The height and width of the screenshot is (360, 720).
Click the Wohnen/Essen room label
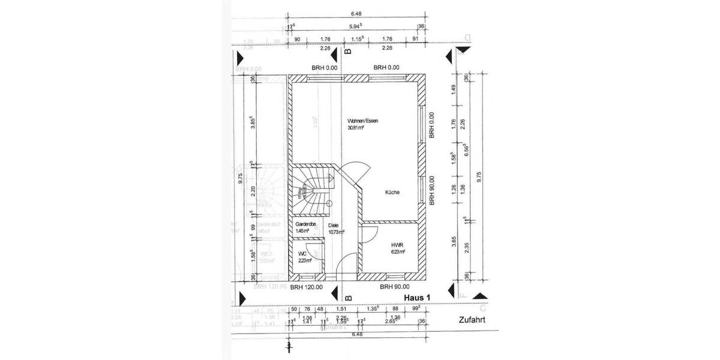(362, 121)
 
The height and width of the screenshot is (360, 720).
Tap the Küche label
(392, 193)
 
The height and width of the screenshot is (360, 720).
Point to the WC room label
(302, 253)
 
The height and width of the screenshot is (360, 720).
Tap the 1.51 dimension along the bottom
(341, 310)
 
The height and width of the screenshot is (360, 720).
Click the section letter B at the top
(347, 52)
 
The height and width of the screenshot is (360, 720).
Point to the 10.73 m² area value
(337, 232)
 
